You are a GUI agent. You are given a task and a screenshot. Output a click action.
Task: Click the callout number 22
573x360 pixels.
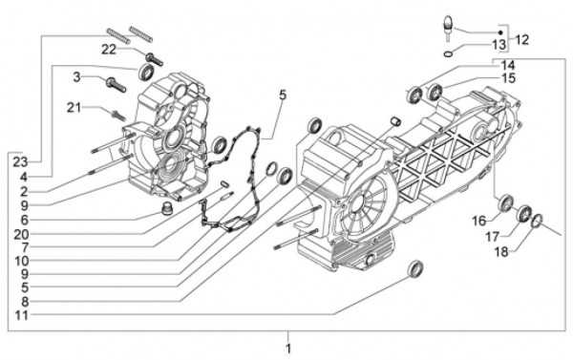coord(109,50)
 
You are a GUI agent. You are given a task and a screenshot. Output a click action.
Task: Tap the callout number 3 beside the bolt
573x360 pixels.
coord(76,77)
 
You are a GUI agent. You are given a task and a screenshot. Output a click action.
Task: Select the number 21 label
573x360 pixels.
coord(74,108)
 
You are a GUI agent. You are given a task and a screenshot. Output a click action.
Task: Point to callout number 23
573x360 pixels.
coord(20,161)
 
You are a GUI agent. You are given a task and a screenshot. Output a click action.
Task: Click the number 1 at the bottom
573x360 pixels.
coord(288,349)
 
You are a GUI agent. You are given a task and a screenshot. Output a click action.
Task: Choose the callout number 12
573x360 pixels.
coord(521,39)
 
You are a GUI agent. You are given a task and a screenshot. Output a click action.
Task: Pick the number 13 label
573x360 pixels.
coord(499,45)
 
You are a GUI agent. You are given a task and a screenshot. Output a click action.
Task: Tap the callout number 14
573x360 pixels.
coord(508,66)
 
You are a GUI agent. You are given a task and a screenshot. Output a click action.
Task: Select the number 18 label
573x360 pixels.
coord(501,251)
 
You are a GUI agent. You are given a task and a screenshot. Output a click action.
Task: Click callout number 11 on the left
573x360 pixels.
coord(22,315)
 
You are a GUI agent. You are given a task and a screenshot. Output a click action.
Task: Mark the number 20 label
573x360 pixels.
coord(21,234)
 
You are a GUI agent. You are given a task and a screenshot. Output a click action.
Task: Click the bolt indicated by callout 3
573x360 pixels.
coord(116,85)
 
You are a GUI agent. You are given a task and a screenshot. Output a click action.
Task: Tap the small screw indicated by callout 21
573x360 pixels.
coord(118,116)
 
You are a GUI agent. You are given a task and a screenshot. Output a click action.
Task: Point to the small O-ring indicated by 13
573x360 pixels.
coord(449,54)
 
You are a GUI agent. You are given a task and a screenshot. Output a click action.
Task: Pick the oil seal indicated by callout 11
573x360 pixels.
coord(415,268)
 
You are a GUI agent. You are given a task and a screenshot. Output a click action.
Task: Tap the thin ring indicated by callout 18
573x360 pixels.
coord(537,221)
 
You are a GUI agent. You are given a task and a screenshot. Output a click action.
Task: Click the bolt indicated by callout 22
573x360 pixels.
coord(154,59)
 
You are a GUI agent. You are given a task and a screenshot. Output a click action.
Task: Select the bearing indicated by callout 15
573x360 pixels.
coord(435,92)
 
